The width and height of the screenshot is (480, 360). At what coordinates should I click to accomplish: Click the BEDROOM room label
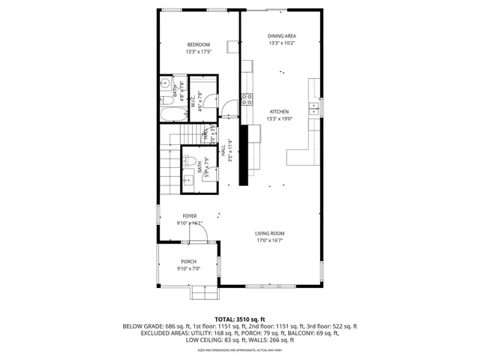pos(199,44)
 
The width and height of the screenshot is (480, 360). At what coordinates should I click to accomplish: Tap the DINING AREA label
pos(282,35)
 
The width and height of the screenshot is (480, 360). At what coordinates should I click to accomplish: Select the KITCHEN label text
pos(279,111)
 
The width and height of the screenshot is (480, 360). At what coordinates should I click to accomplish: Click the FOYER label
pos(190,215)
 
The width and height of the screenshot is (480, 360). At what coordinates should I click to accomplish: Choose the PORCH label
pos(188,261)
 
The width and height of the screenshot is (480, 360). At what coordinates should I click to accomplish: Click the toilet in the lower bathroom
pos(190,160)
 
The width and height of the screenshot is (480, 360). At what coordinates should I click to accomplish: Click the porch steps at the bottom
pos(202,291)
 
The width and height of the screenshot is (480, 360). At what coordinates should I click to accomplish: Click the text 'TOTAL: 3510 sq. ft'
pos(240,319)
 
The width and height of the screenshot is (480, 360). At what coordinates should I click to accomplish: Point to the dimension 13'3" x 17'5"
pos(199,52)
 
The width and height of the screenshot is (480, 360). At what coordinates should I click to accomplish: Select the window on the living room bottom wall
pos(280,286)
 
